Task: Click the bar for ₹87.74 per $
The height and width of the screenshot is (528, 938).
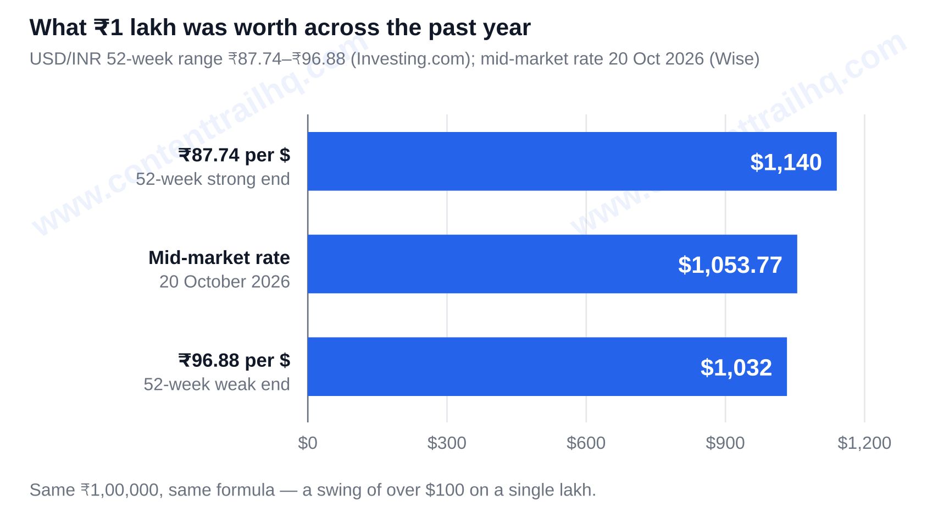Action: click(572, 161)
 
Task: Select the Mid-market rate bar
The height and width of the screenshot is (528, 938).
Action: click(552, 264)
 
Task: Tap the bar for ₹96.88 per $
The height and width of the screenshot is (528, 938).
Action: click(547, 367)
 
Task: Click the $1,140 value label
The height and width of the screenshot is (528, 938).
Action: click(786, 163)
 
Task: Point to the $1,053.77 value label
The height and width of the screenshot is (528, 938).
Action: click(730, 265)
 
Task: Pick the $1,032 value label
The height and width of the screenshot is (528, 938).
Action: click(736, 368)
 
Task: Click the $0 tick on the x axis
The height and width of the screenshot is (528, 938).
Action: click(307, 443)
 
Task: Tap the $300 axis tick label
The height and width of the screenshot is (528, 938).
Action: click(447, 443)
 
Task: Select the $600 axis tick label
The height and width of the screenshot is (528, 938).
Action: click(586, 443)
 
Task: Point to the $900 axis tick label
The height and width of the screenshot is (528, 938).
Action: click(725, 443)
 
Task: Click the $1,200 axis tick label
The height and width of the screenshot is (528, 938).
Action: click(864, 443)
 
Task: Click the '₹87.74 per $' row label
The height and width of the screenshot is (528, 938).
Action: click(234, 155)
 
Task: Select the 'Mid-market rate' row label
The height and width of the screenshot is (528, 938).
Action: click(219, 258)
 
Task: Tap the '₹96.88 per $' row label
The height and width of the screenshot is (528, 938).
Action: click(234, 360)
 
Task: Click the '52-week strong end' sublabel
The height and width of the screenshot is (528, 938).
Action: click(213, 179)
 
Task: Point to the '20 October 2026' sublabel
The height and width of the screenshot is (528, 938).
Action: click(224, 282)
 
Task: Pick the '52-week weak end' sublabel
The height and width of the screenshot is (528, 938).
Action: click(217, 384)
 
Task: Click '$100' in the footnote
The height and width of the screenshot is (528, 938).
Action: click(445, 490)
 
